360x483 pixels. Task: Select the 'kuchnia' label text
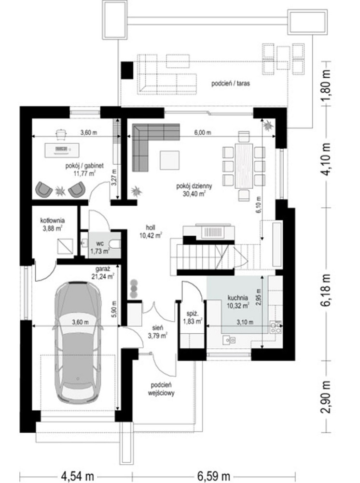click(x=237, y=298)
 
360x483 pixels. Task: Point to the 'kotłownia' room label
click(x=52, y=221)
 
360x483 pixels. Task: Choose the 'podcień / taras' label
click(x=231, y=83)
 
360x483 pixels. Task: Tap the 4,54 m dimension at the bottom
click(x=78, y=476)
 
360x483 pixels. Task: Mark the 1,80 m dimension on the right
click(x=327, y=84)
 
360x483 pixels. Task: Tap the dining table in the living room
click(x=244, y=166)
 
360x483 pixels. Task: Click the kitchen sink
click(x=230, y=340)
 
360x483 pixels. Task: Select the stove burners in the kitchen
click(x=276, y=327)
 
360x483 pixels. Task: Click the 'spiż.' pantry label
click(x=193, y=313)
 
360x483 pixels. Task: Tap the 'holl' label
click(x=151, y=227)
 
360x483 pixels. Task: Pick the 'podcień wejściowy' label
click(x=161, y=389)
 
